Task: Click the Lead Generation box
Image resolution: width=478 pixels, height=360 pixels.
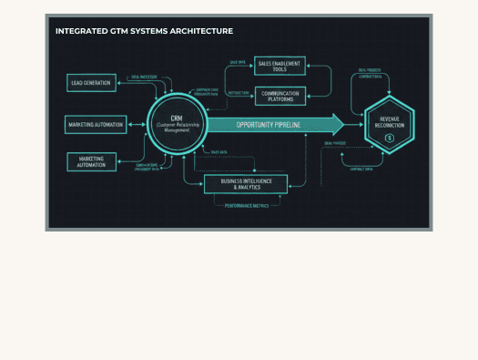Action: tap(91, 83)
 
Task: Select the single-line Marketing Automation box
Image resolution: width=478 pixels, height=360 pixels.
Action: tap(96, 125)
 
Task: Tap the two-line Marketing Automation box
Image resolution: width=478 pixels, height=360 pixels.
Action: tap(91, 162)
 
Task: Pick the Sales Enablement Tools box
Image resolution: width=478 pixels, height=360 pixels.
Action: tap(280, 66)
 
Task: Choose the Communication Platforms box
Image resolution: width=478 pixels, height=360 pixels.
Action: tap(280, 95)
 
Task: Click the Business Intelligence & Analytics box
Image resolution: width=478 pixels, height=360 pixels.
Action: tap(246, 184)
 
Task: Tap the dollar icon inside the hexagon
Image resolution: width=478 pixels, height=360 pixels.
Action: tap(389, 138)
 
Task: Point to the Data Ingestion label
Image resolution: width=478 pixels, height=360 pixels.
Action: tap(144, 77)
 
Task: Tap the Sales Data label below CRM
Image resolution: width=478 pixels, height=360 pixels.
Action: tap(219, 152)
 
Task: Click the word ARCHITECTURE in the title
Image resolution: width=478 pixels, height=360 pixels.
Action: tap(201, 31)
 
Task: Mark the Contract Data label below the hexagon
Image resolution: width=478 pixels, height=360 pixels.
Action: tap(361, 169)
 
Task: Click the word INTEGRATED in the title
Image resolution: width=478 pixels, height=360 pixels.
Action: tap(78, 31)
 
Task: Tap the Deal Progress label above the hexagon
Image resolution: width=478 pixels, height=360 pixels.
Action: tap(370, 69)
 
